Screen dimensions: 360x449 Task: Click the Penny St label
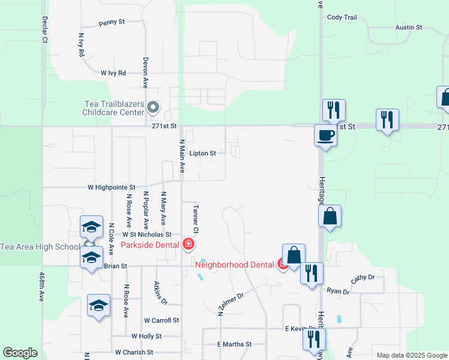click(x=112, y=22)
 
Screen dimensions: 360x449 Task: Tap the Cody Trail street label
click(x=342, y=17)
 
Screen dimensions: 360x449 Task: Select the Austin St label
click(x=409, y=28)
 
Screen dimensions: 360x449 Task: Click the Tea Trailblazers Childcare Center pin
click(x=153, y=108)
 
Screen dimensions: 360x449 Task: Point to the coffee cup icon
click(x=325, y=135)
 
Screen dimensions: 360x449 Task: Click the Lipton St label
click(x=202, y=154)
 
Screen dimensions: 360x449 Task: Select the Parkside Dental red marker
click(x=188, y=244)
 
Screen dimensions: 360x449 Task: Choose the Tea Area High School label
click(x=40, y=247)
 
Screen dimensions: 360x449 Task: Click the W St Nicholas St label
click(x=147, y=235)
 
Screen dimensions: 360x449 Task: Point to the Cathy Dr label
click(x=363, y=278)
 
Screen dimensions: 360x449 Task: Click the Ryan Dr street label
click(x=338, y=291)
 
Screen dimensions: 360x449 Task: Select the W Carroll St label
click(x=161, y=320)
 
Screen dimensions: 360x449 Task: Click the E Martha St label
click(x=234, y=344)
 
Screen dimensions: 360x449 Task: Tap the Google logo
click(x=20, y=353)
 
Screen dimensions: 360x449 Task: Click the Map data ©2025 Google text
click(x=411, y=355)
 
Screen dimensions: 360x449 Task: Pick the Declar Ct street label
click(x=44, y=29)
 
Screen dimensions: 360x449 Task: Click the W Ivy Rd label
click(x=113, y=73)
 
